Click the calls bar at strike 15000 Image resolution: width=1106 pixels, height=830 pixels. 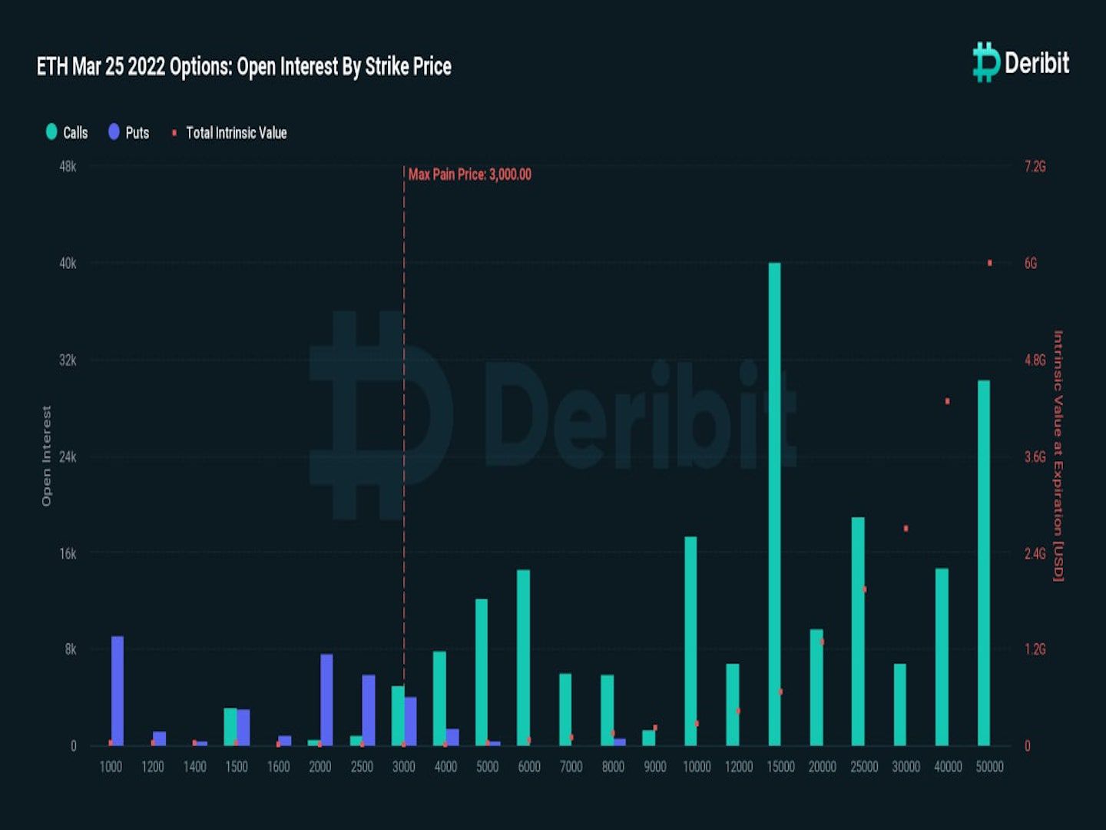click(x=774, y=504)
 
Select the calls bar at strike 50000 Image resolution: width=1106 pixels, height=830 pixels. click(x=984, y=563)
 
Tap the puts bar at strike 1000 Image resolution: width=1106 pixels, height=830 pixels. click(x=118, y=691)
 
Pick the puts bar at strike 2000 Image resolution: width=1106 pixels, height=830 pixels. click(x=326, y=699)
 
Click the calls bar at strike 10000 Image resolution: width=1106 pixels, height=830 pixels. click(x=690, y=641)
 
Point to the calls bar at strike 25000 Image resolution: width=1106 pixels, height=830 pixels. click(x=858, y=631)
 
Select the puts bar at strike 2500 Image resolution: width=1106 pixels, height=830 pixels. click(x=369, y=710)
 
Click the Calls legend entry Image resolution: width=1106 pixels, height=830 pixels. click(x=67, y=132)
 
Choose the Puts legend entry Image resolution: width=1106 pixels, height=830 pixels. click(x=129, y=132)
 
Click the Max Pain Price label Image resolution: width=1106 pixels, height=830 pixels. click(x=469, y=174)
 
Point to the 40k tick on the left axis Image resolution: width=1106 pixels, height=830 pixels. click(x=68, y=263)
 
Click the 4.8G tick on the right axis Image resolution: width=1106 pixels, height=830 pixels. click(x=1035, y=360)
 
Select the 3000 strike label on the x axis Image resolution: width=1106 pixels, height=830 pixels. click(x=404, y=766)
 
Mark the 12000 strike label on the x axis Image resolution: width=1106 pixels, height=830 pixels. click(x=739, y=766)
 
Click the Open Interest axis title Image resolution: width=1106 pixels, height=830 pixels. click(x=46, y=456)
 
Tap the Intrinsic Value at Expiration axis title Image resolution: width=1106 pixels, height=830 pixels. click(x=1058, y=456)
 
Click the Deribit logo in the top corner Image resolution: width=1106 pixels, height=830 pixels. click(x=1021, y=62)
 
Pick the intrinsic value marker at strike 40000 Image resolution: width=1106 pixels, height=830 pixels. click(x=948, y=401)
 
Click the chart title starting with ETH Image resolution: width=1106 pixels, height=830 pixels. click(x=244, y=66)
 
